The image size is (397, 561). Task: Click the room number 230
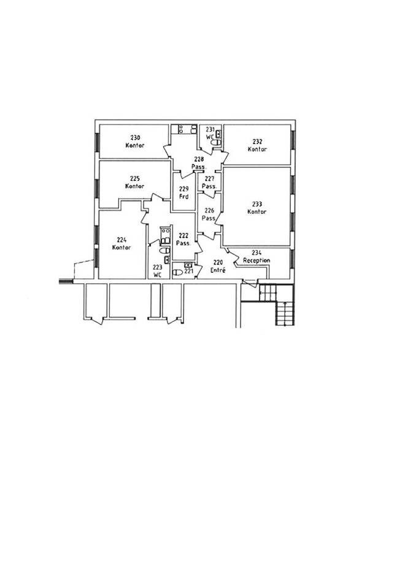point(135,138)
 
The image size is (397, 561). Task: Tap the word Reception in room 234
point(256,261)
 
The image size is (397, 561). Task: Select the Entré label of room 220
point(218,270)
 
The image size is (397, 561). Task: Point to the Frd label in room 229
point(183,197)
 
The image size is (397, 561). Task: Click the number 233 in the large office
point(257,204)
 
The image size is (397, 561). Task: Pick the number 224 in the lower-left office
point(121,240)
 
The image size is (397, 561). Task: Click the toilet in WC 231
point(216,142)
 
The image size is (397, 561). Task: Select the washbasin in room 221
point(188,265)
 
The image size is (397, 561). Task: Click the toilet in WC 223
point(164,250)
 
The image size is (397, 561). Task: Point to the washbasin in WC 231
point(218,134)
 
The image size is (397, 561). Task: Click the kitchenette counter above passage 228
point(184,129)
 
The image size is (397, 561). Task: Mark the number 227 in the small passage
point(209,179)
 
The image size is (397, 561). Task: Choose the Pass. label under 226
point(209,218)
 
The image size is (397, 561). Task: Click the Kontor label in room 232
point(257,149)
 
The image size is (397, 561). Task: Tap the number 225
point(134,178)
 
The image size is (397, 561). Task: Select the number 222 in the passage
point(183,235)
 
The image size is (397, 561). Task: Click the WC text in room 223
point(158,275)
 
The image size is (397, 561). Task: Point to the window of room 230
point(96,142)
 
